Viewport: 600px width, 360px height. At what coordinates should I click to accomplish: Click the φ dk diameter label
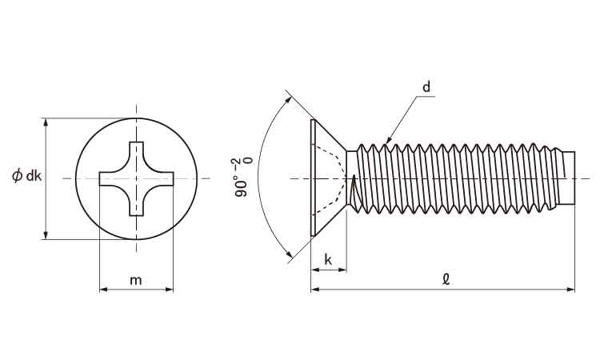click(26, 176)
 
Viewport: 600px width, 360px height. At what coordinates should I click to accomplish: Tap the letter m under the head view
click(136, 281)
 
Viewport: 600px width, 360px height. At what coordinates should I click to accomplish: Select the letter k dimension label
click(328, 260)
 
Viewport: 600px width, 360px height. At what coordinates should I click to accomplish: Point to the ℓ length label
click(446, 280)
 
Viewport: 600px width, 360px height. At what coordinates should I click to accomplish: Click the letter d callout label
click(426, 87)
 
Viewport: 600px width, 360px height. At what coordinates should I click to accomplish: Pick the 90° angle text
click(241, 186)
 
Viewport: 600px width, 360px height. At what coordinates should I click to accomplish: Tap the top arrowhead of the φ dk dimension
click(46, 122)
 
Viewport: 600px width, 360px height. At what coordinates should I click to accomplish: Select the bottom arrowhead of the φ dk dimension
click(46, 235)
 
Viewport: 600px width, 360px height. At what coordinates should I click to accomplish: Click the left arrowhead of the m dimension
click(103, 290)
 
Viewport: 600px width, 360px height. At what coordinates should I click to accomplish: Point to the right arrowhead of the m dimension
click(169, 290)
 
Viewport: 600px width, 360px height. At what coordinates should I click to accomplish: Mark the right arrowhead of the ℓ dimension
click(570, 290)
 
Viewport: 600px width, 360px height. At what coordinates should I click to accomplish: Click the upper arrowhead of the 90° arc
click(289, 100)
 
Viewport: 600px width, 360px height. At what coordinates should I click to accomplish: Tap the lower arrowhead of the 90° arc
click(289, 254)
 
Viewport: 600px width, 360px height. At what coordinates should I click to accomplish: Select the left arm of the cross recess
click(111, 178)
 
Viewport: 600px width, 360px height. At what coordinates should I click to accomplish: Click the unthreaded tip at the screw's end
click(570, 178)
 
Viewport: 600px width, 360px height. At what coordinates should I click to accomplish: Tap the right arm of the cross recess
click(162, 178)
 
